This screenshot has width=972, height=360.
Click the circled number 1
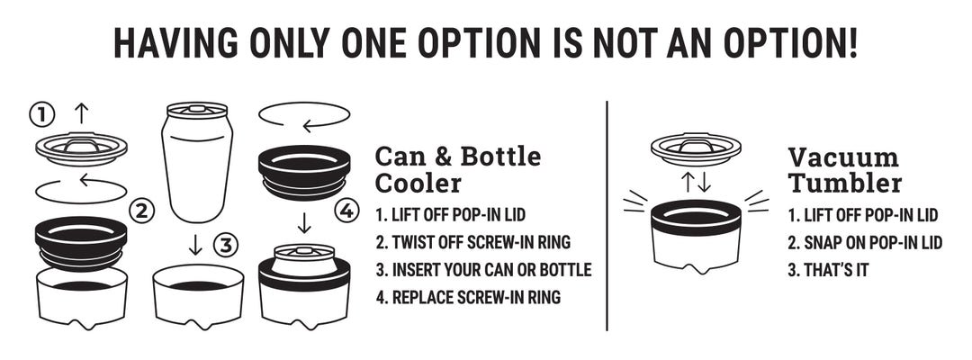pyautogui.click(x=42, y=114)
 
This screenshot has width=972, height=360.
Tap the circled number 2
pyautogui.click(x=141, y=212)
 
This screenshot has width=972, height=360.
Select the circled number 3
pyautogui.click(x=226, y=246)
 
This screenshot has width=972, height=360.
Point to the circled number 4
pyautogui.click(x=346, y=211)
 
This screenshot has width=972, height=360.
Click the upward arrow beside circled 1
pyautogui.click(x=81, y=113)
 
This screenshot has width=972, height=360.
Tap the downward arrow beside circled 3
pyautogui.click(x=195, y=245)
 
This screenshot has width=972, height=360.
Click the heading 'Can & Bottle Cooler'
pyautogui.click(x=457, y=170)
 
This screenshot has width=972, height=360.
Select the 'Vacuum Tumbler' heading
pyautogui.click(x=843, y=170)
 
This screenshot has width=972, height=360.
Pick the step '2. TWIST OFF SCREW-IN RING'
pyautogui.click(x=473, y=242)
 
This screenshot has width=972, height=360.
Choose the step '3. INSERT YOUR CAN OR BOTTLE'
pyautogui.click(x=483, y=269)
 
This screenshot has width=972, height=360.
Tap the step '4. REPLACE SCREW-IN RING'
pyautogui.click(x=468, y=297)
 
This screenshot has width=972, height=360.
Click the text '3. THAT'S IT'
pyautogui.click(x=828, y=269)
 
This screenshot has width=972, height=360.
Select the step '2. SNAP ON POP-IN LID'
pyautogui.click(x=865, y=242)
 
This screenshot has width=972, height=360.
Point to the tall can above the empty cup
pyautogui.click(x=197, y=162)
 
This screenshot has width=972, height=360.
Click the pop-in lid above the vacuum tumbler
pyautogui.click(x=696, y=149)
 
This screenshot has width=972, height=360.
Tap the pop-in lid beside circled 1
pyautogui.click(x=81, y=148)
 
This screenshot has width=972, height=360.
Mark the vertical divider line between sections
pyautogui.click(x=607, y=216)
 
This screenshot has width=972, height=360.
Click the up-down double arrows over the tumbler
pyautogui.click(x=696, y=183)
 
